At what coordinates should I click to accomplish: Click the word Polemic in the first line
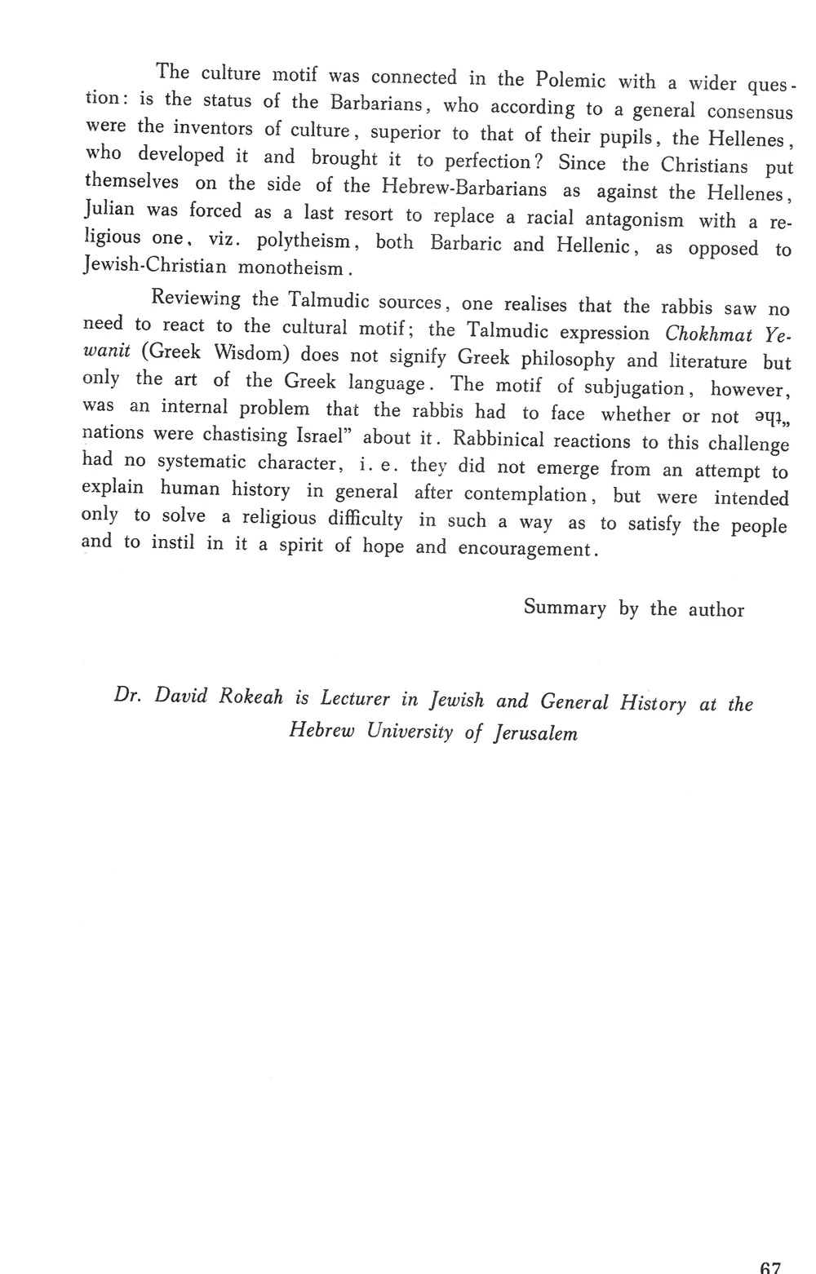[570, 80]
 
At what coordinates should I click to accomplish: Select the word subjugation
[634, 387]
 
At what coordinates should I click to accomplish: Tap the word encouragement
[524, 549]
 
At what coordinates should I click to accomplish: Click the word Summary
[565, 608]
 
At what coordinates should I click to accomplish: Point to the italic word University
[410, 731]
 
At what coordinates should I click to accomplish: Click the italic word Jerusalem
[535, 732]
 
